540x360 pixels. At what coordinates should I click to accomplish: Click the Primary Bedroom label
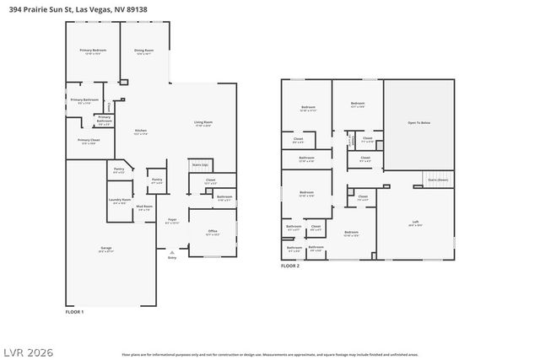tap(93, 51)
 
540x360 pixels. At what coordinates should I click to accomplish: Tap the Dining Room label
tap(144, 51)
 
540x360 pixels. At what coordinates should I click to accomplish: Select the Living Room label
tap(202, 123)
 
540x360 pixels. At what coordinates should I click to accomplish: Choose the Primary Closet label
tap(89, 140)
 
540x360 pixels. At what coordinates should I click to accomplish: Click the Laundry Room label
tap(119, 200)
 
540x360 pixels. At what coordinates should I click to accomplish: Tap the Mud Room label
tap(144, 207)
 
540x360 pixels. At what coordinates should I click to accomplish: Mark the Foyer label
tap(172, 219)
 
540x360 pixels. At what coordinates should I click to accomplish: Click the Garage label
tap(106, 248)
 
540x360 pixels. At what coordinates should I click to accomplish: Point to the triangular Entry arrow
tap(173, 250)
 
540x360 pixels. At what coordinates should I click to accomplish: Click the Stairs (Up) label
tap(200, 164)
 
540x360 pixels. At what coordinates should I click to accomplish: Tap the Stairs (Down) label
tap(438, 180)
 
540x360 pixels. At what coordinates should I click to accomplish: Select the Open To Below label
tap(419, 124)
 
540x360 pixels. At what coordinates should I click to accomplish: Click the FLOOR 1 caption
tap(75, 311)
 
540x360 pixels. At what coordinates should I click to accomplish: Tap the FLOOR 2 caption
tap(290, 266)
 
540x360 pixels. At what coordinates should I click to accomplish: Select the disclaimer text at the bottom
tap(270, 354)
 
